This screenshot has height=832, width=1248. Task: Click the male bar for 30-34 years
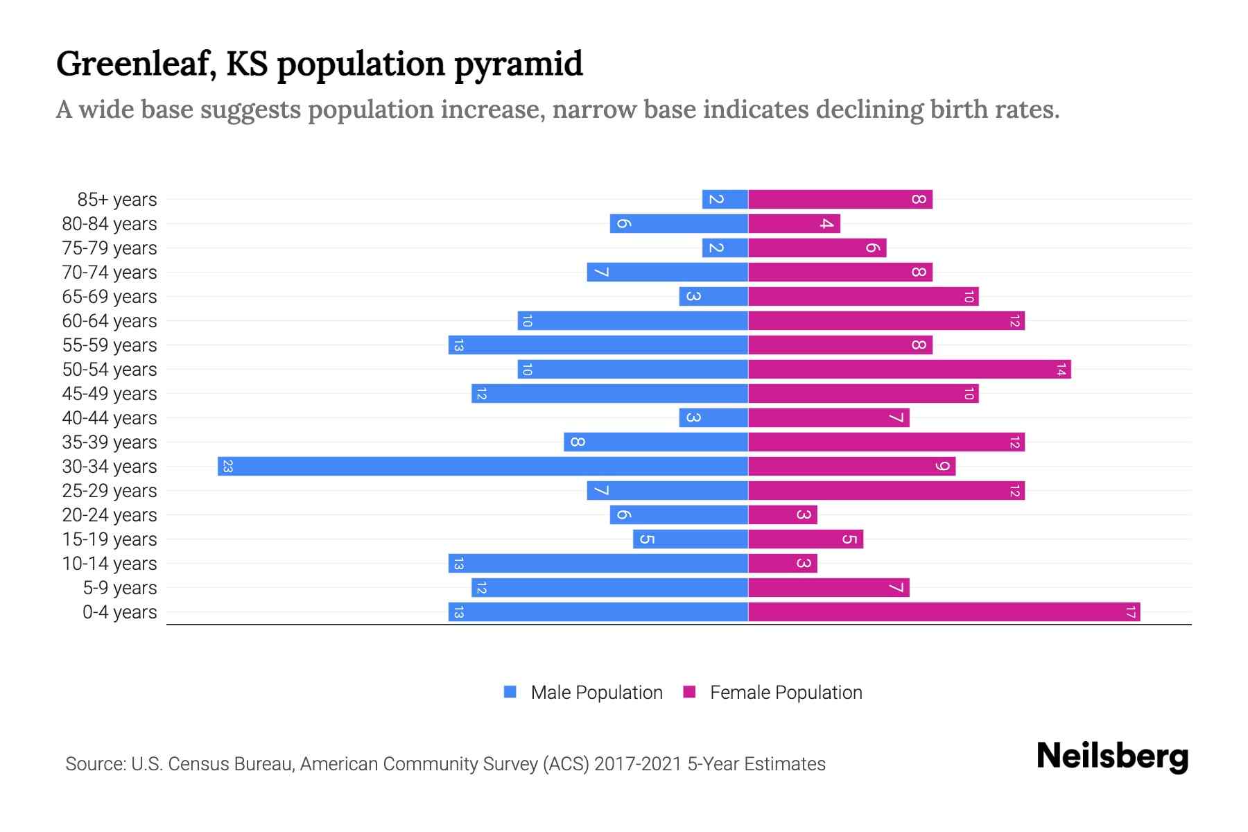483,466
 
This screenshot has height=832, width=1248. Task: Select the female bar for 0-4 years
944,612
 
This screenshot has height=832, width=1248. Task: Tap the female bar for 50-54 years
909,370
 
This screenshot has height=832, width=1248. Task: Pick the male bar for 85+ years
725,200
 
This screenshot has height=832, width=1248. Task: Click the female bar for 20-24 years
783,515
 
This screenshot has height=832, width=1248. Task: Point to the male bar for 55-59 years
598,345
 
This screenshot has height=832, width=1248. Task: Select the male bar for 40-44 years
713,418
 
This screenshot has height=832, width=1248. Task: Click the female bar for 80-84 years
794,224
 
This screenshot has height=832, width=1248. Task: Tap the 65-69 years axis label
110,297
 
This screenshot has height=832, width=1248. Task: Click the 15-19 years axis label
110,539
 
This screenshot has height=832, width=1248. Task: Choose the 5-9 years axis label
120,588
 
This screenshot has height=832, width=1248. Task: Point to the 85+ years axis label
117,200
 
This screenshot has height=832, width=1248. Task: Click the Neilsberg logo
1112,756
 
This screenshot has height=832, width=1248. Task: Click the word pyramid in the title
519,65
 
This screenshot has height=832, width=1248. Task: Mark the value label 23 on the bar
227,467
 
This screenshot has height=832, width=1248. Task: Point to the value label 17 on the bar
1130,612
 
